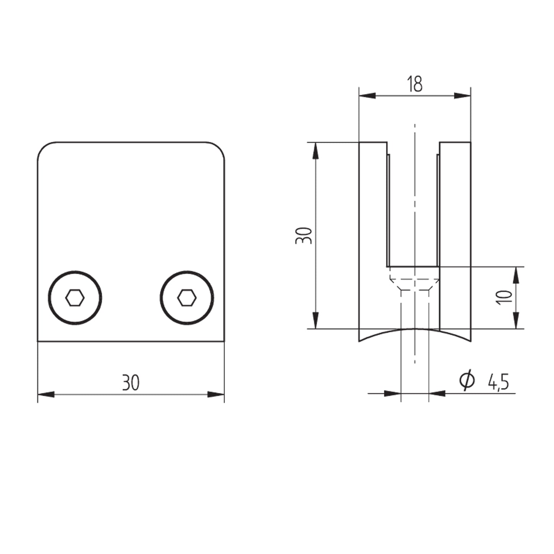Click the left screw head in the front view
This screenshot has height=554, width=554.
[75, 298]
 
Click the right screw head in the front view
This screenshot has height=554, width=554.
[187, 298]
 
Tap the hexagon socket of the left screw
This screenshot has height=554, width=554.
[75, 298]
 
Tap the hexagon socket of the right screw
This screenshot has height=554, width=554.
[187, 298]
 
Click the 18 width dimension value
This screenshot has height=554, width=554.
[415, 84]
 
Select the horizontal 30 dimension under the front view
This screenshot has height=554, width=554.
[131, 383]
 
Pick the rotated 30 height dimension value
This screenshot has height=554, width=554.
[303, 235]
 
